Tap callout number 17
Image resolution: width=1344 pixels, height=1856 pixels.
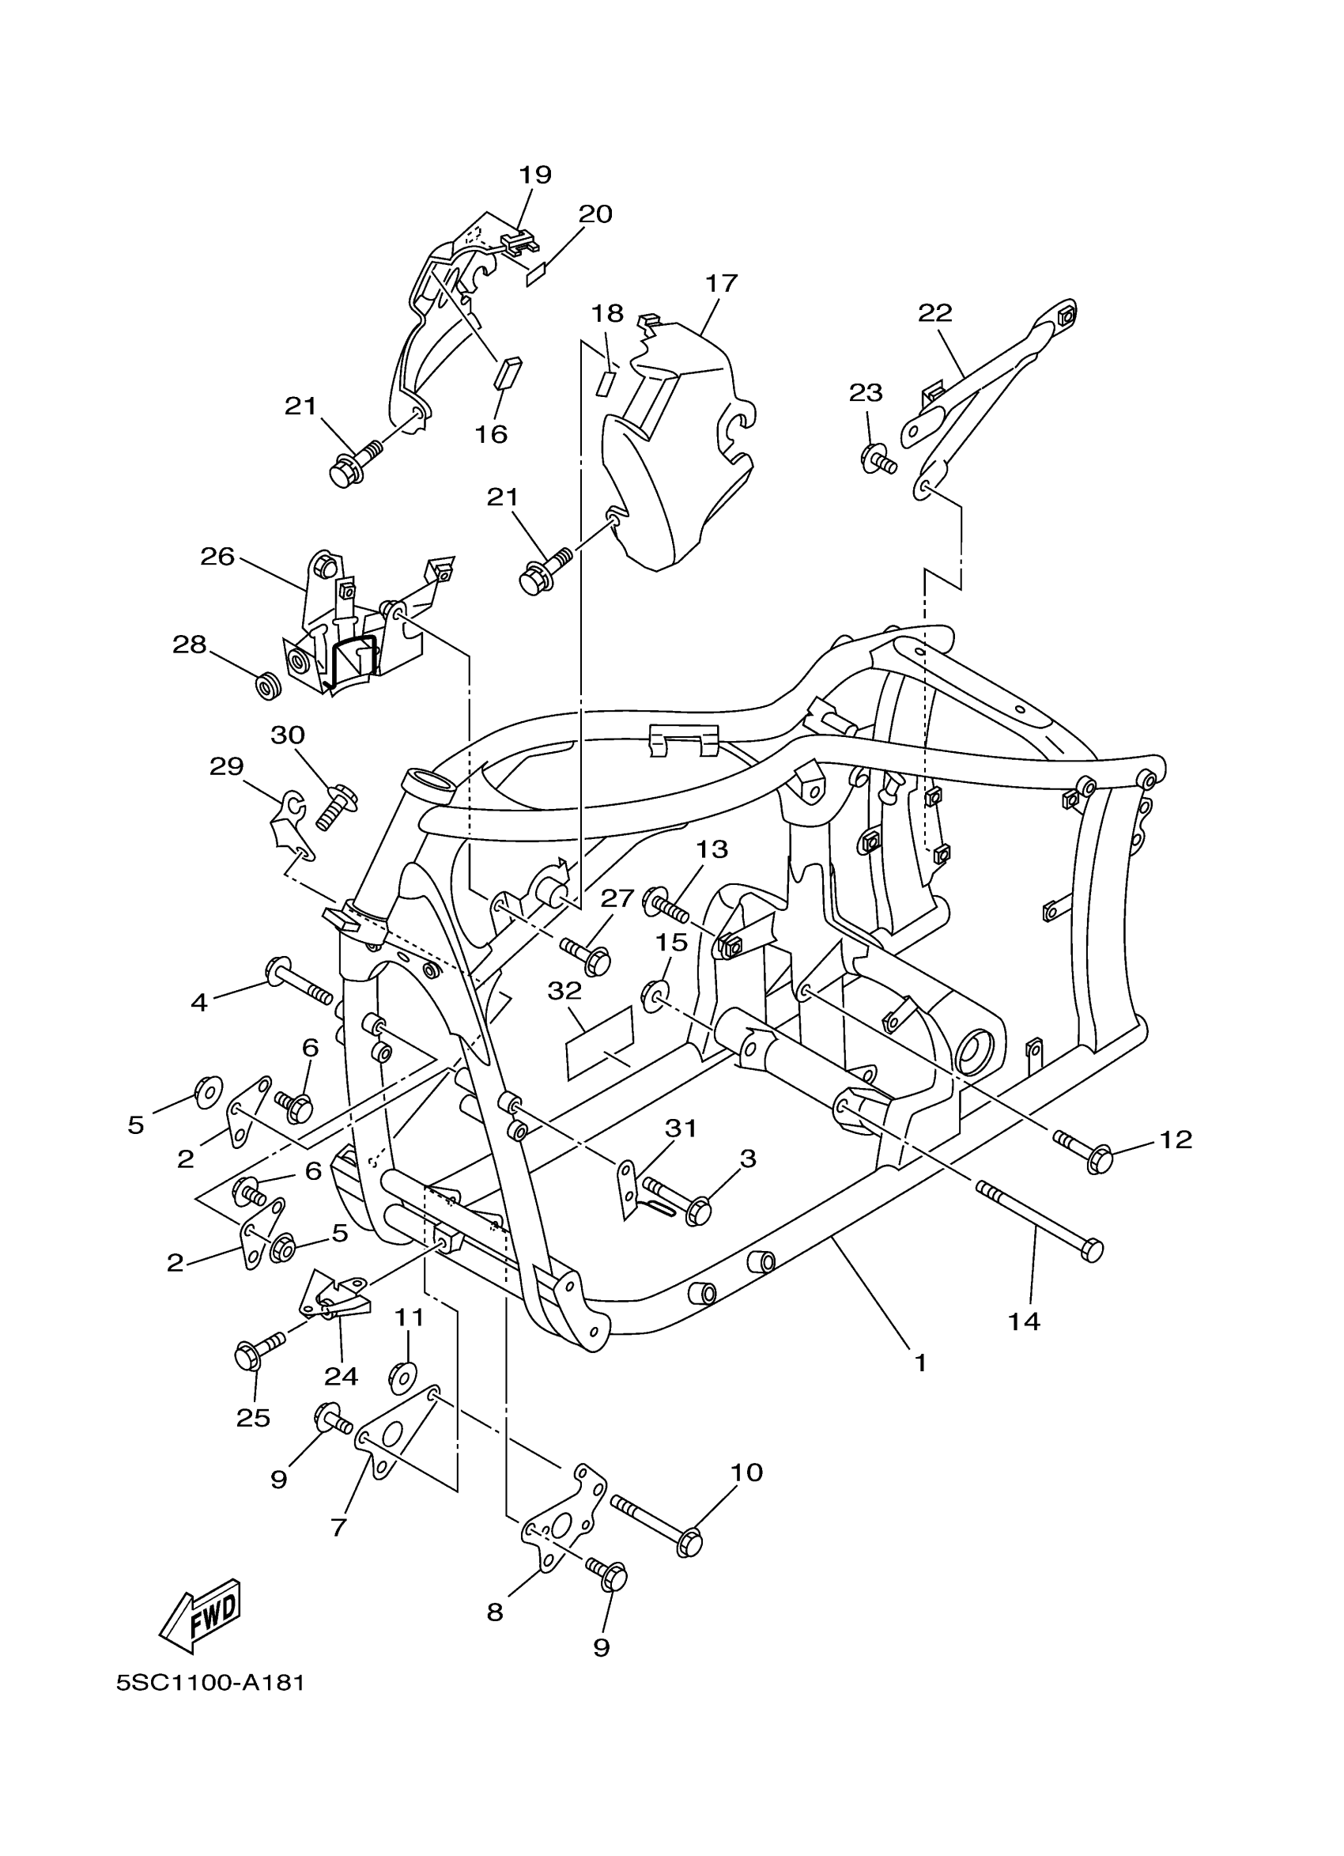(721, 283)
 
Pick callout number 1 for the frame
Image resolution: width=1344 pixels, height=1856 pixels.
(920, 1363)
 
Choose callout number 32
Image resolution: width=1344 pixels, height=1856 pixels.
(564, 990)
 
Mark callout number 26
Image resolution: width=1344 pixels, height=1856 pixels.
(217, 557)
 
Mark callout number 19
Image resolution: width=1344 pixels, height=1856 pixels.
(536, 174)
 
